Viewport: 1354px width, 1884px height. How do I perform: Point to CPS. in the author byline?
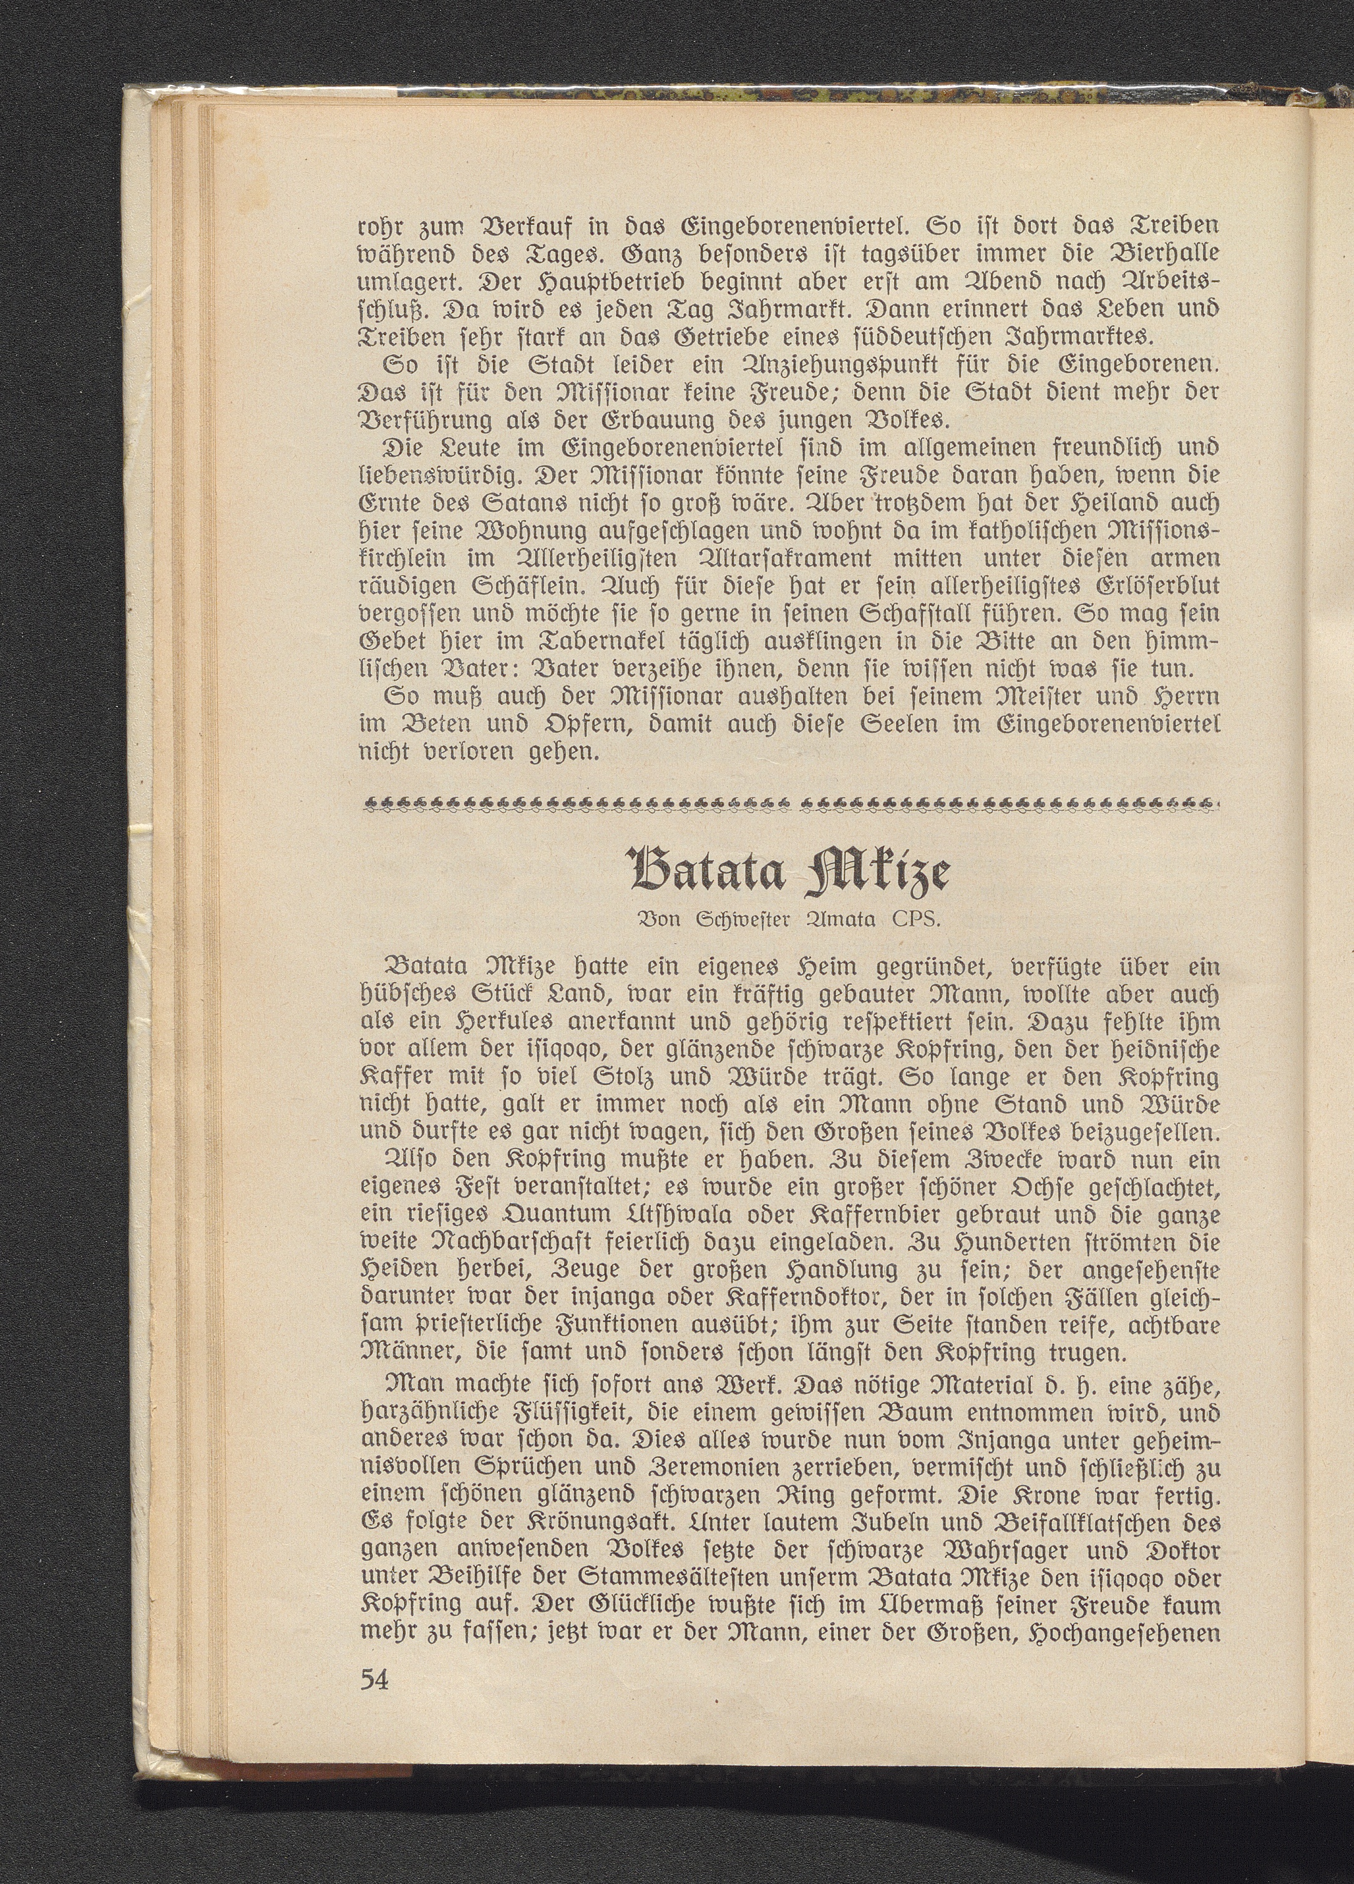coord(910,920)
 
